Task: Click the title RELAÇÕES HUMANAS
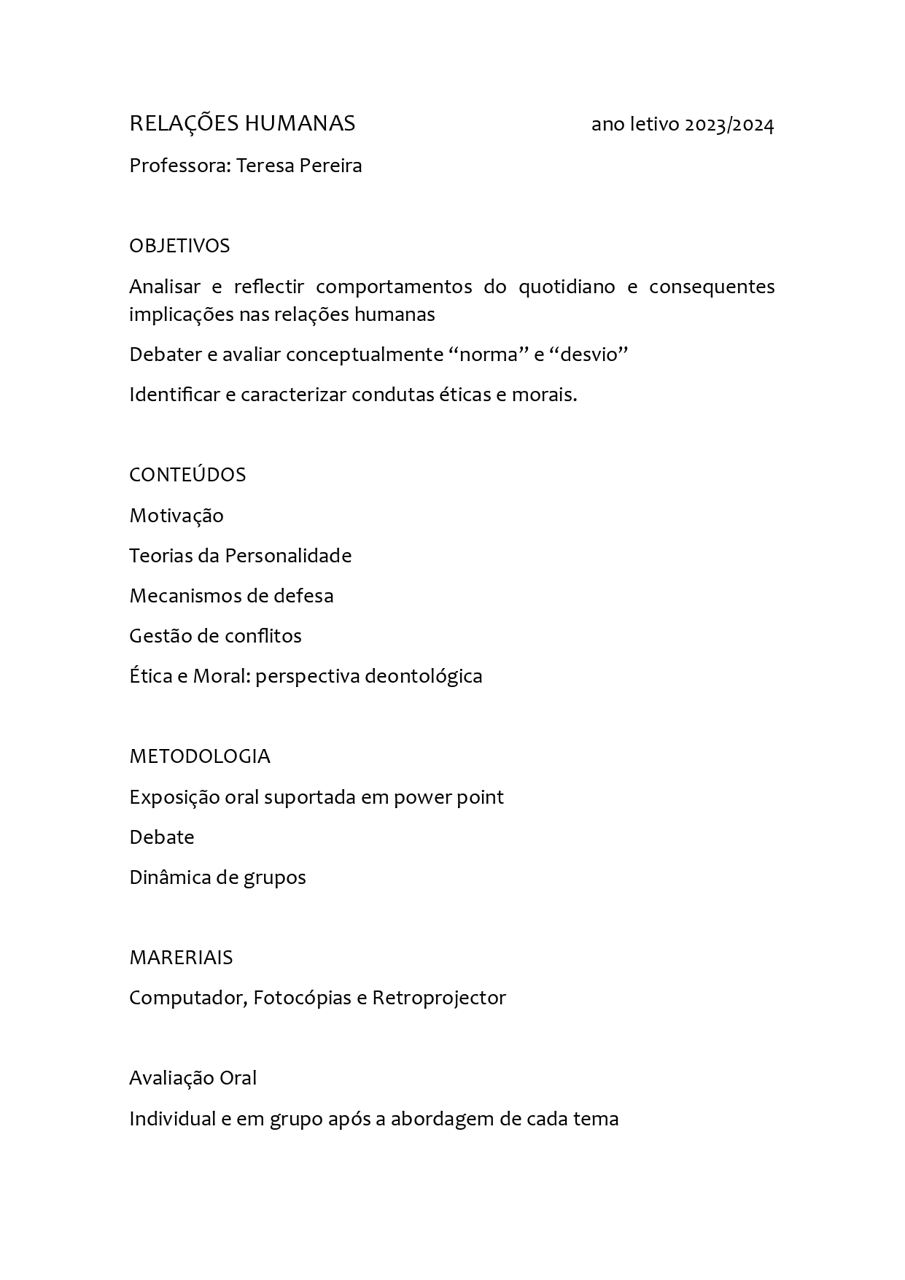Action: pos(242,124)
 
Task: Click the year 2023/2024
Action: pos(729,125)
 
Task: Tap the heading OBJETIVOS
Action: pos(179,246)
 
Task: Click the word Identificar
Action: pos(174,395)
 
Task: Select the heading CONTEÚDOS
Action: pos(187,475)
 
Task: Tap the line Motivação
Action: pos(176,516)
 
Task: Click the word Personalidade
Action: pos(288,556)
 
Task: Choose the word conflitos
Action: pos(263,636)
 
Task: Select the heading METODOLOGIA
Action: pos(200,756)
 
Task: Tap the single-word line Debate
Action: pos(162,837)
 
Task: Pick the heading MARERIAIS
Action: pos(181,958)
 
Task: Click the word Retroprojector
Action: pos(439,998)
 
